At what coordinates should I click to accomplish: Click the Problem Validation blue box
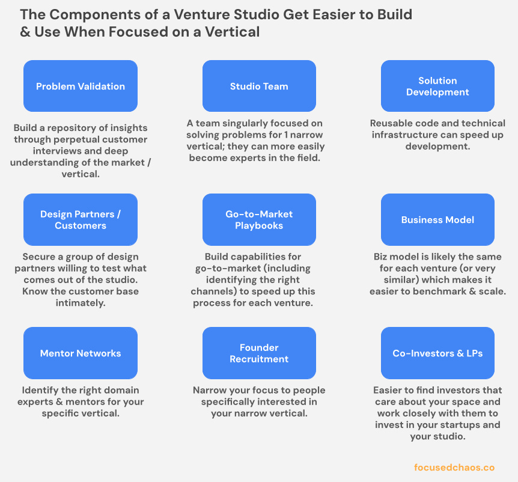tap(81, 87)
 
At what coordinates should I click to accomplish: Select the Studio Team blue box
tap(259, 87)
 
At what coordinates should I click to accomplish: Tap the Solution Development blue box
tap(437, 87)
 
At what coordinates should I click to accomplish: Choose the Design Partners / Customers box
tap(81, 220)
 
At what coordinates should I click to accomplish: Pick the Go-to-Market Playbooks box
tap(259, 220)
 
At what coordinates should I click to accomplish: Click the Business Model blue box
tap(437, 220)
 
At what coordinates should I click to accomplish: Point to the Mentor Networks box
tap(81, 353)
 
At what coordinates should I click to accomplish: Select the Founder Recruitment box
tap(259, 353)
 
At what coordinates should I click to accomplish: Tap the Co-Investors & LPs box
tap(437, 353)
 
